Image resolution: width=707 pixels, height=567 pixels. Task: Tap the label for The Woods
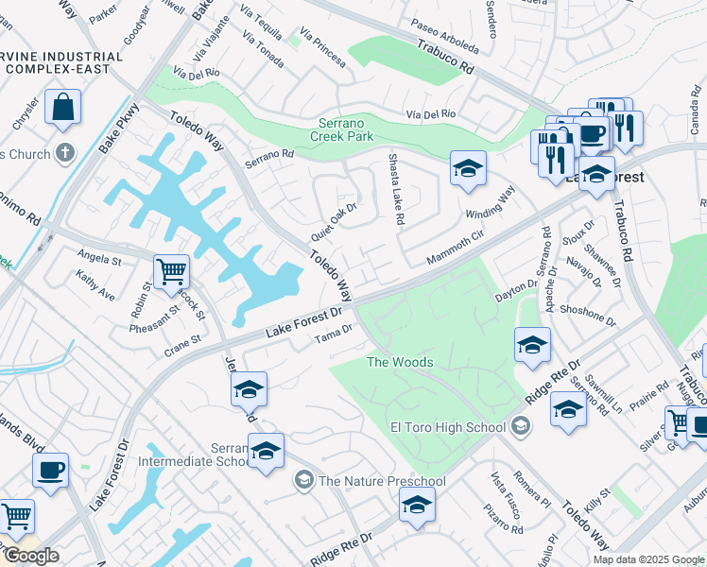tap(400, 363)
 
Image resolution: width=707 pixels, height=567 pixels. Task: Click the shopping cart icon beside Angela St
tap(171, 271)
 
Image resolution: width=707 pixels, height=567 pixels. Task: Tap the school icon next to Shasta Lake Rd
tap(468, 169)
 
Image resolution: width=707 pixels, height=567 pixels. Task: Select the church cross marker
tap(65, 152)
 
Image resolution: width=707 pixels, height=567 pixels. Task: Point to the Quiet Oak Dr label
tap(334, 222)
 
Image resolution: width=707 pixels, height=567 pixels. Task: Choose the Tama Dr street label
tap(333, 334)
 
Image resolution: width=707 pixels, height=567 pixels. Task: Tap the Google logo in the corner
tap(30, 556)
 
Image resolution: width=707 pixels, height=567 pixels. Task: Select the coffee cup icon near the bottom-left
tap(50, 470)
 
